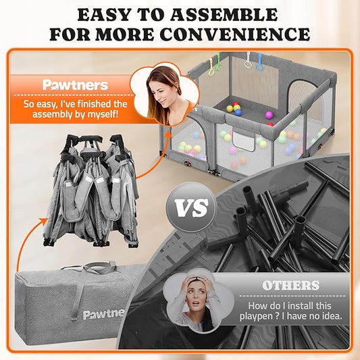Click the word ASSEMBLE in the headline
point(224,15)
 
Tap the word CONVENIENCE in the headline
point(234,34)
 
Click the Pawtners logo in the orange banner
point(75,85)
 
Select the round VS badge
point(191,207)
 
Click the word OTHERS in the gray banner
point(291,286)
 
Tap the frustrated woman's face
point(195,295)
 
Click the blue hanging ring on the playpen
point(259,62)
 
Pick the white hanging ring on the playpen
point(248,61)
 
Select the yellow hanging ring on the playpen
point(211,68)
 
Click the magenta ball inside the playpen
point(269,115)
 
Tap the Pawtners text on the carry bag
point(103,313)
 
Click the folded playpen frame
point(91,190)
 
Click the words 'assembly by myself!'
point(75,114)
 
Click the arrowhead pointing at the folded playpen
point(43,222)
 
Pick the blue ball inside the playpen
point(238,112)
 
